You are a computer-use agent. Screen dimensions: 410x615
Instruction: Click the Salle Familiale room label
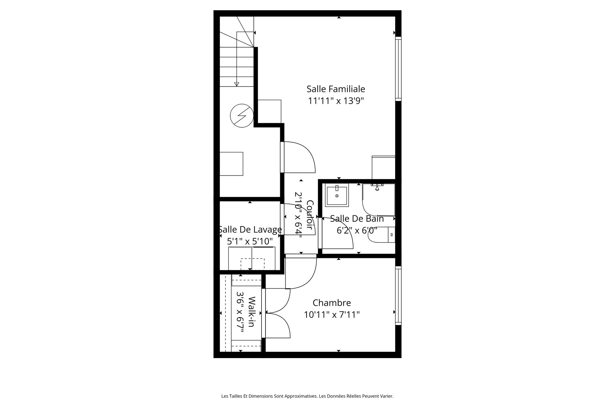click(336, 89)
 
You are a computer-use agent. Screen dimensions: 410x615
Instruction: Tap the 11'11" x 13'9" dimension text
click(336, 101)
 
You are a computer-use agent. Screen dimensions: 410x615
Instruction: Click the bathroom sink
click(337, 196)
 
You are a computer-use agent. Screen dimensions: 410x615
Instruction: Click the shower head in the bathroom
click(377, 188)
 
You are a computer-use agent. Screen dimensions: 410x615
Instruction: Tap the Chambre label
click(332, 302)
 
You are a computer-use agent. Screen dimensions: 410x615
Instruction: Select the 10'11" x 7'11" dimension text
click(332, 315)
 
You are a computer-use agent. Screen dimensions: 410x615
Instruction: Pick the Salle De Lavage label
click(250, 229)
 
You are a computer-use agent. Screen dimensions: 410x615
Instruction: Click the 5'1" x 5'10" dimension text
click(250, 241)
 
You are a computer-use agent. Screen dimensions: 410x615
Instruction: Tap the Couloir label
click(310, 215)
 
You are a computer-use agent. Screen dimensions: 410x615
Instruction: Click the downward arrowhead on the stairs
click(237, 84)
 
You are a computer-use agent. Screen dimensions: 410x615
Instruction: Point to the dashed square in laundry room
click(252, 264)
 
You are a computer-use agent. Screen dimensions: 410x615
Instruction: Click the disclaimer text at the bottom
click(307, 396)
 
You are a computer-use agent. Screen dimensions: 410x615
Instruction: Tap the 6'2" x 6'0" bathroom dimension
click(357, 231)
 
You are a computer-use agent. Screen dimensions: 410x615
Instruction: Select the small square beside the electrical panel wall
click(269, 111)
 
